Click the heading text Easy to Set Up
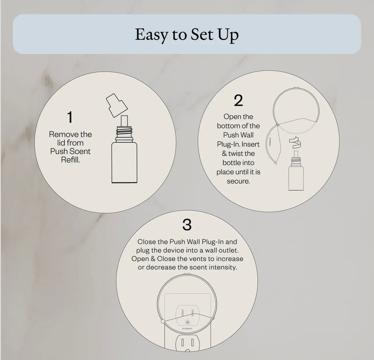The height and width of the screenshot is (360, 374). click(x=187, y=35)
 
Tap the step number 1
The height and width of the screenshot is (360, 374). click(x=70, y=117)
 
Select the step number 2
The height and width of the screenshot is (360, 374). click(x=238, y=100)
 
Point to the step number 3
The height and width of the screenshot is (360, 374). click(x=187, y=225)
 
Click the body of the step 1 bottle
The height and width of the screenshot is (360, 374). click(x=124, y=163)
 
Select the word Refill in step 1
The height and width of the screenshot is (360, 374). click(x=70, y=160)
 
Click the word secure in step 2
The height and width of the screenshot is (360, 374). click(x=238, y=181)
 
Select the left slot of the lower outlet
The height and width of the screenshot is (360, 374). click(x=182, y=342)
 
